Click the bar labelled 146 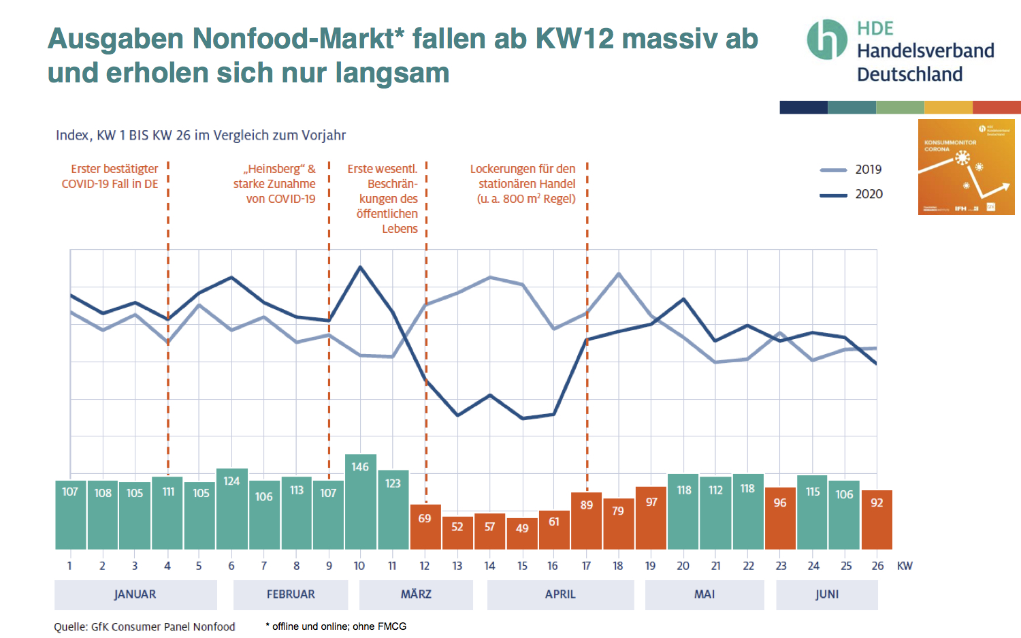360,502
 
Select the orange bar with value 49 522,534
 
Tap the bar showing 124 231,509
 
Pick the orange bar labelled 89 587,521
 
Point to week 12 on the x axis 425,566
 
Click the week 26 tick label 877,566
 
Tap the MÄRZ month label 416,594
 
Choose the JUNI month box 826,594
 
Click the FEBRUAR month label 291,594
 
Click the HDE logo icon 826,39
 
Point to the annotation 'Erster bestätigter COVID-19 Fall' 110,176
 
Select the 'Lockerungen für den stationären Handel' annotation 523,183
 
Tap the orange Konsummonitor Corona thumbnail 966,167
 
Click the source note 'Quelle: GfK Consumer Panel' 144,626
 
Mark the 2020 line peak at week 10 360,267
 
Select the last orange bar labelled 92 877,520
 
